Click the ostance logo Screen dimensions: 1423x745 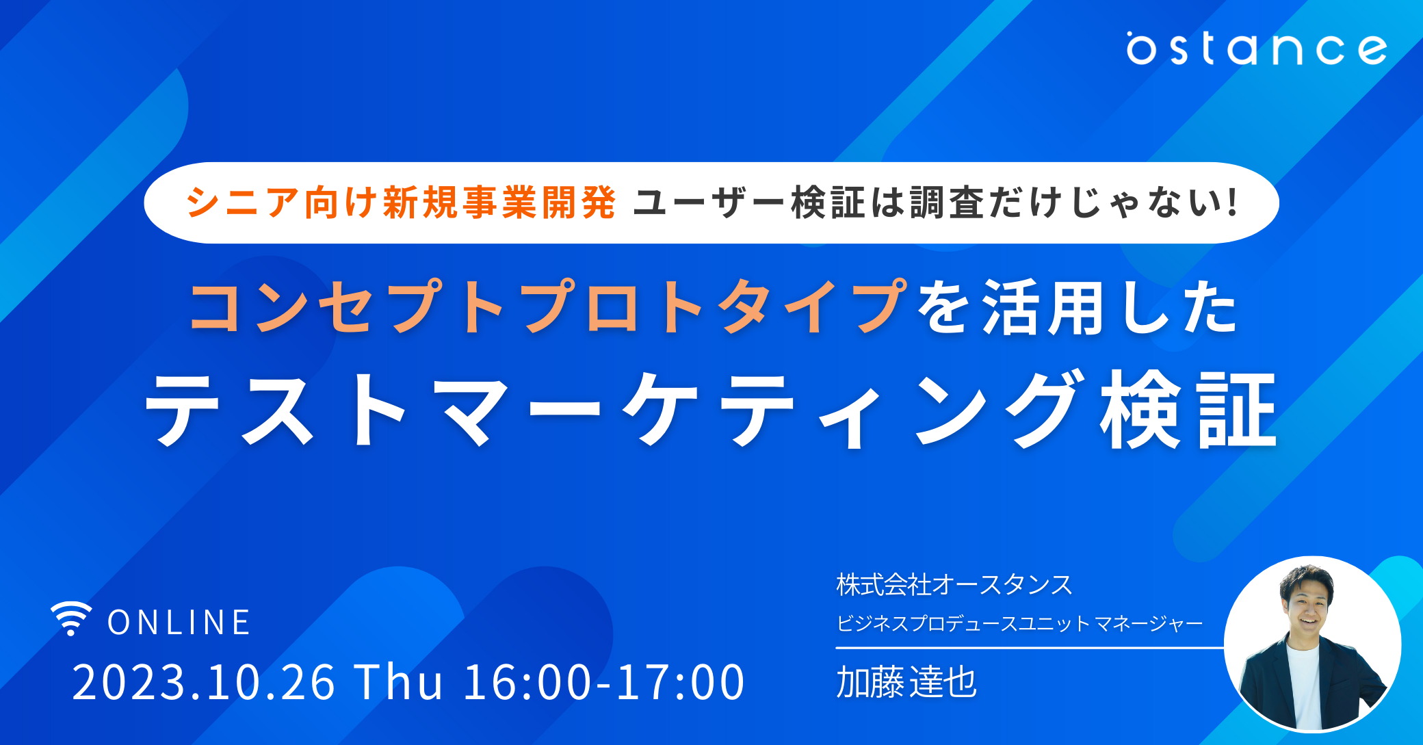(1257, 48)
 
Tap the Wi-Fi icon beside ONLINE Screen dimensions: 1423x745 (71, 618)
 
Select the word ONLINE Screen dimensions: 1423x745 (179, 623)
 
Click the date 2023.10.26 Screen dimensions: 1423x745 (203, 682)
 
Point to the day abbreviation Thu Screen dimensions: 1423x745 (398, 681)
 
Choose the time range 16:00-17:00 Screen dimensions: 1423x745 (604, 682)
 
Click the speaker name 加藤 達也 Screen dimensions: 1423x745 (906, 682)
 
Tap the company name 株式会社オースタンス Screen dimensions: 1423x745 (954, 585)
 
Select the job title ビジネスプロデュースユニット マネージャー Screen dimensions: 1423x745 (1019, 623)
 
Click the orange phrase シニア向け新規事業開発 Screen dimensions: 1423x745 (402, 202)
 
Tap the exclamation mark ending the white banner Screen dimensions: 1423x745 (1233, 202)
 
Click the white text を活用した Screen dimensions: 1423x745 (1077, 307)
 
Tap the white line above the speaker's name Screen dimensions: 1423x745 (1030, 647)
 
